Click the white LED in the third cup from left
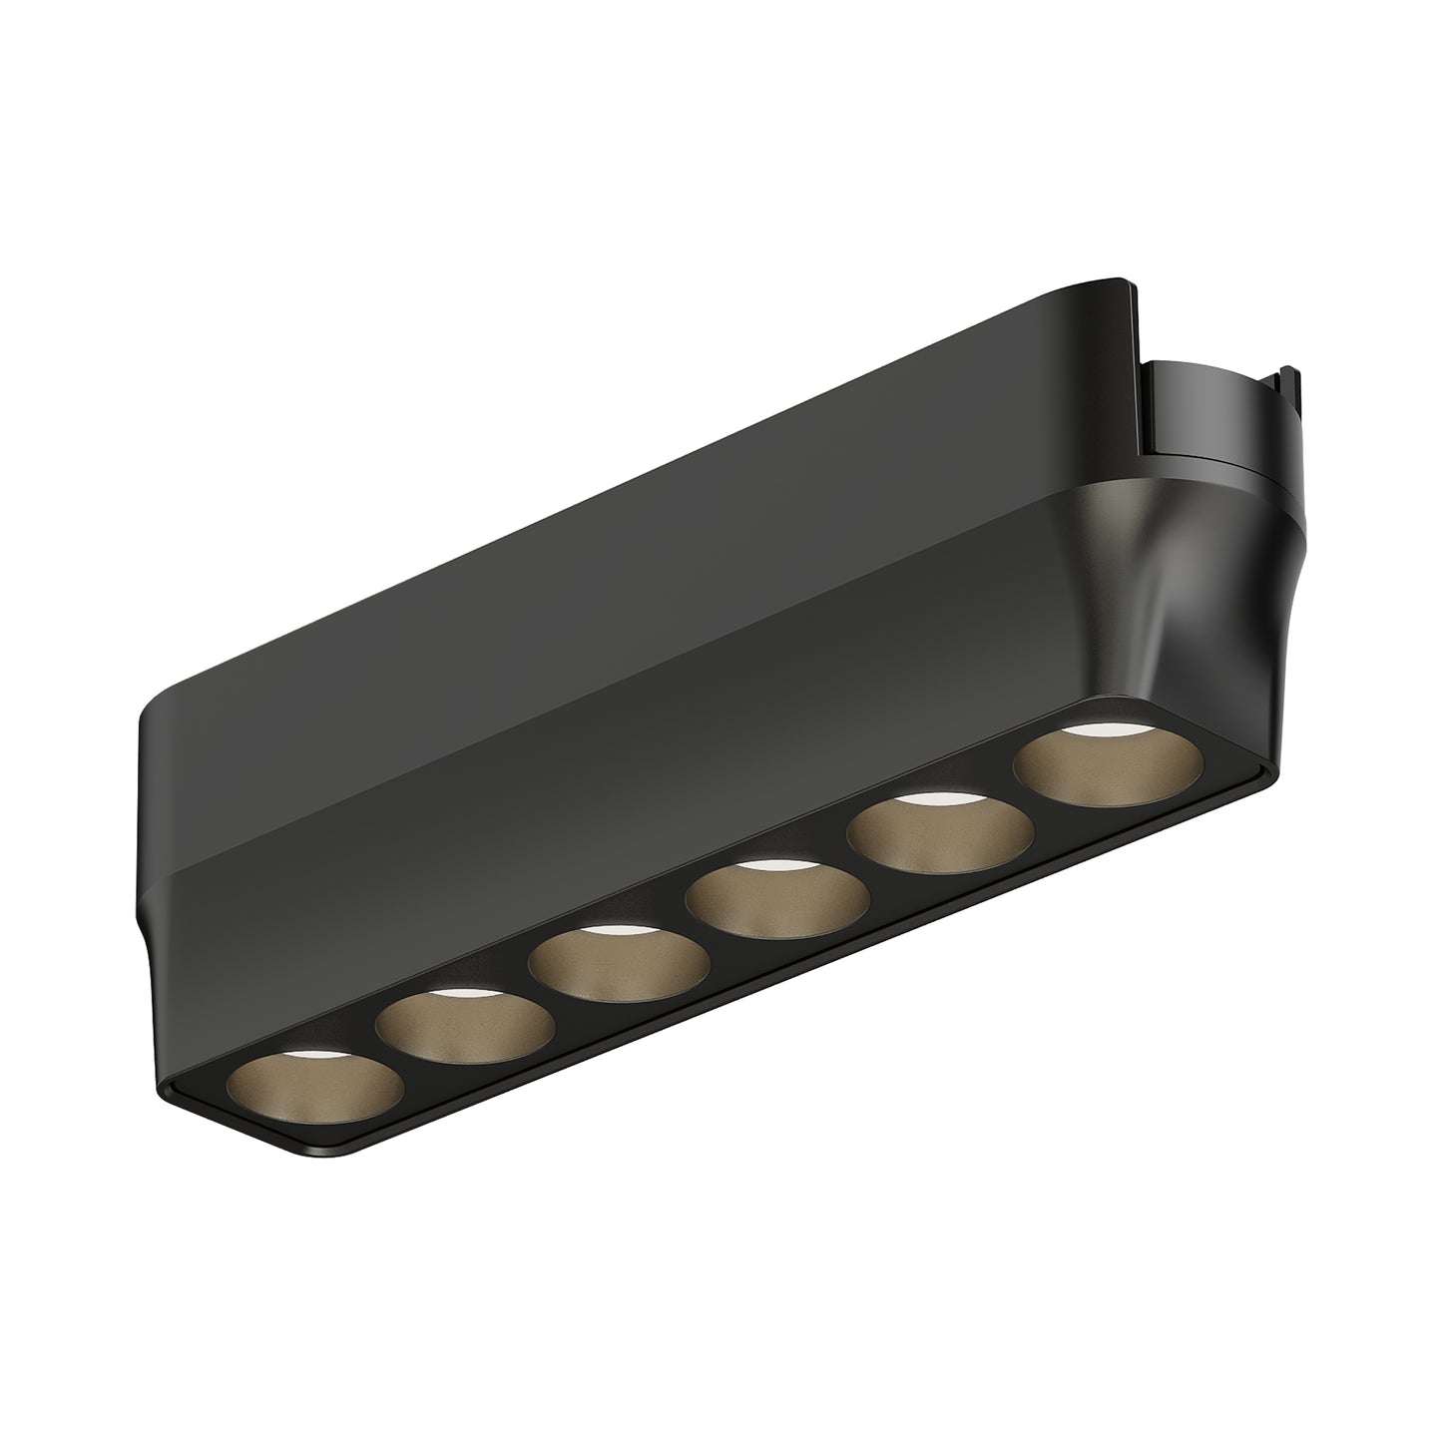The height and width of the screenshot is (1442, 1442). click(x=611, y=931)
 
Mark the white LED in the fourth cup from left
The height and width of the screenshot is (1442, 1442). click(x=770, y=864)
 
